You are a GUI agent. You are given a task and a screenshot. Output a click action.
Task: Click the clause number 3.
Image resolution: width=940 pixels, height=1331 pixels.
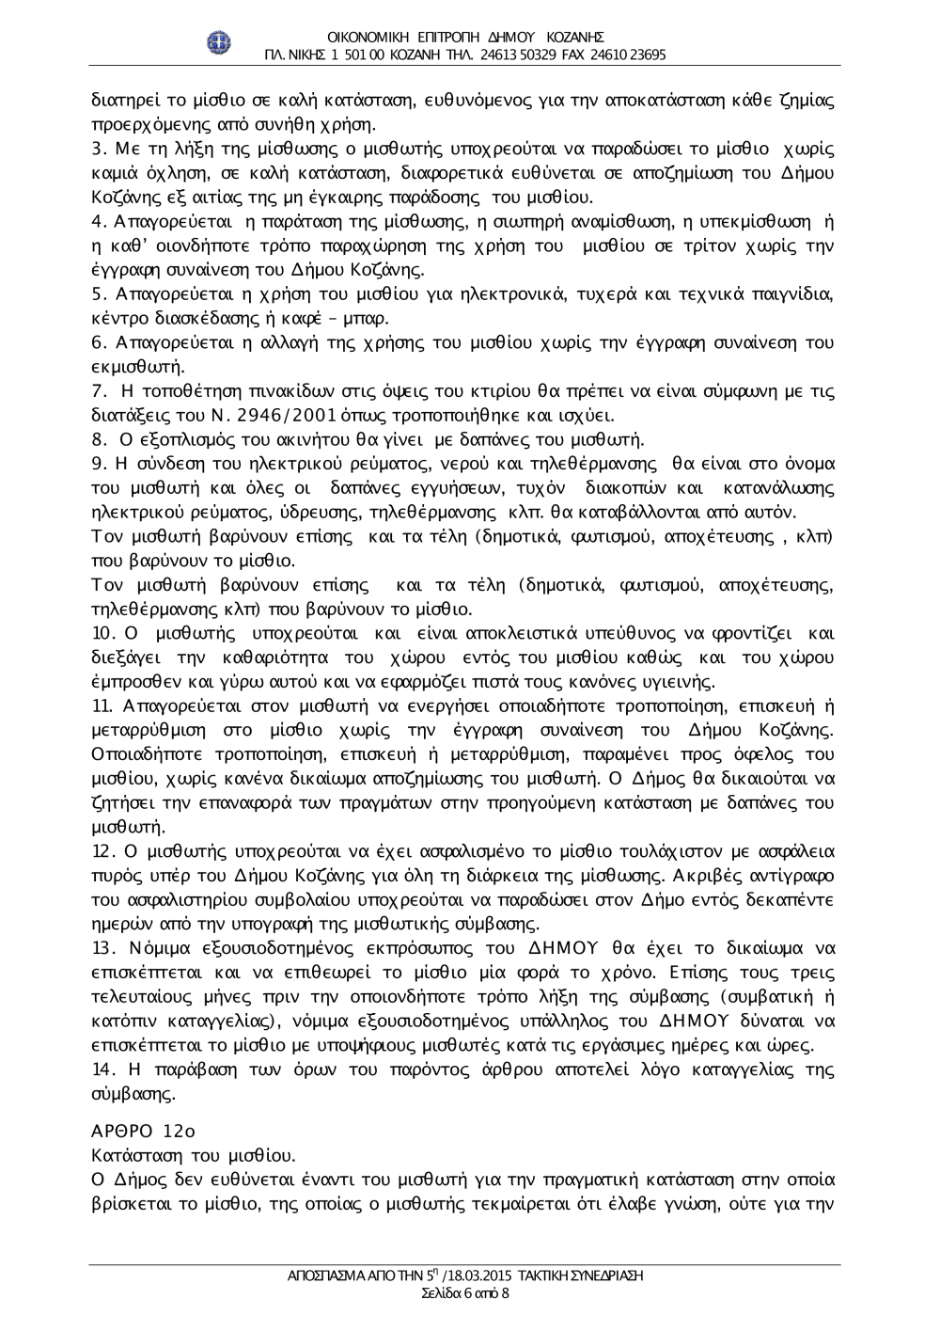pyautogui.click(x=96, y=149)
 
